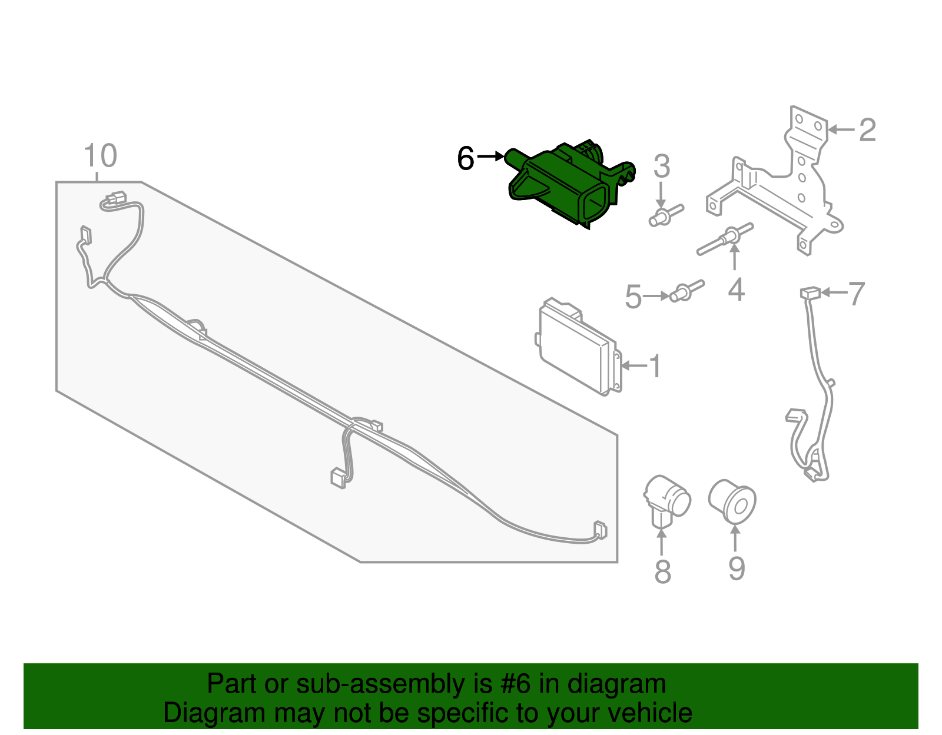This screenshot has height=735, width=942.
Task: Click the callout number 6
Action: click(x=466, y=158)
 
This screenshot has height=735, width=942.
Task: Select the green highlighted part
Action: click(x=565, y=185)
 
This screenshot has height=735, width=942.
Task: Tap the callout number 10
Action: click(x=100, y=156)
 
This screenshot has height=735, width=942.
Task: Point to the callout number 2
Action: click(x=867, y=130)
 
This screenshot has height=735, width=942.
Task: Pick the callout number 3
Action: click(x=662, y=167)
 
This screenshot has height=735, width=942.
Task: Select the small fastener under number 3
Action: click(x=665, y=216)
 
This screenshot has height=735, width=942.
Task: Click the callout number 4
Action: click(x=736, y=290)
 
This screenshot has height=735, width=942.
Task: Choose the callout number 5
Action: click(x=633, y=297)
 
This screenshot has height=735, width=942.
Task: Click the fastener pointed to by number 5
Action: click(x=686, y=291)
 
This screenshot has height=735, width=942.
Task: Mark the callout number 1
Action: click(x=655, y=366)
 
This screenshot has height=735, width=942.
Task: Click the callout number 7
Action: click(x=857, y=293)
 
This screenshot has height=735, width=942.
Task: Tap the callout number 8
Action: click(x=662, y=571)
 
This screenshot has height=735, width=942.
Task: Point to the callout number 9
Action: click(x=736, y=568)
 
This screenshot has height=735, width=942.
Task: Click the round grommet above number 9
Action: click(x=732, y=501)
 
